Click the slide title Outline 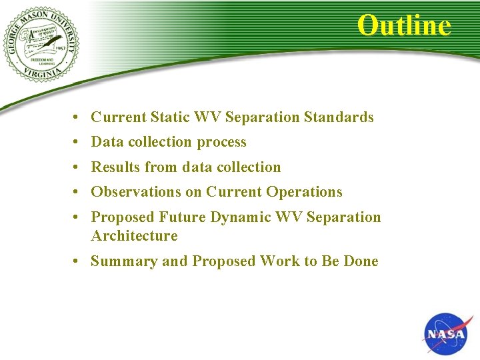coord(404,25)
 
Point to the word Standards coord(339,117)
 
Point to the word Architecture coord(134,236)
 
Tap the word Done coord(361,261)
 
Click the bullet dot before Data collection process coord(78,143)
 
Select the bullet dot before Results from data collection coord(78,167)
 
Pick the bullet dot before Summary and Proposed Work coord(78,261)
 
